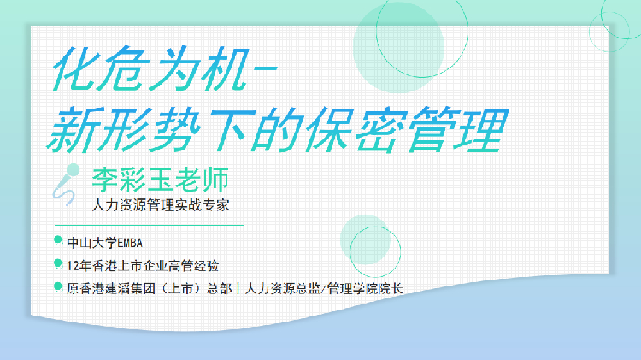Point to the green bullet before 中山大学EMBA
coord(58,240)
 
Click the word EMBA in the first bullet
coord(137,242)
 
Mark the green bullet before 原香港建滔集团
coord(58,286)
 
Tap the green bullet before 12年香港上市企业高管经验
coord(58,263)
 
